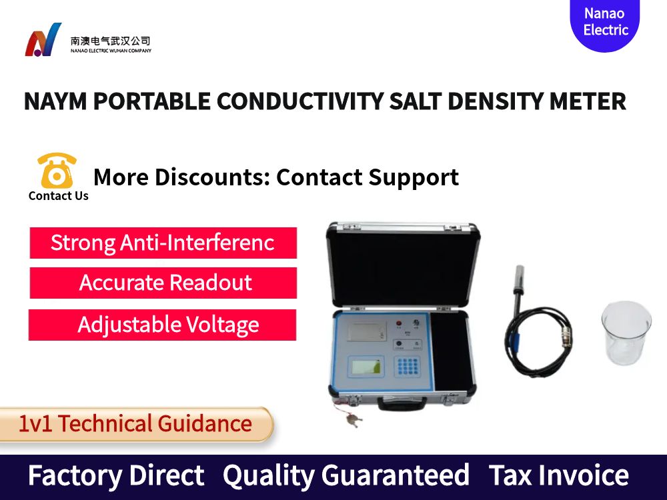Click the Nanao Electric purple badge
coord(605,23)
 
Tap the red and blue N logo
coord(43,40)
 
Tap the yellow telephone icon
coord(57,171)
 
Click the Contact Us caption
coord(59,196)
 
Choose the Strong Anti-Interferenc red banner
coord(163,243)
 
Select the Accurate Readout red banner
coord(163,283)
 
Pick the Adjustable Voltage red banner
coord(163,325)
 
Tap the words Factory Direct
coord(116,476)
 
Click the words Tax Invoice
coord(558,476)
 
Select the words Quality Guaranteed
coord(346,476)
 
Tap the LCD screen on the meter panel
coord(366,366)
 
